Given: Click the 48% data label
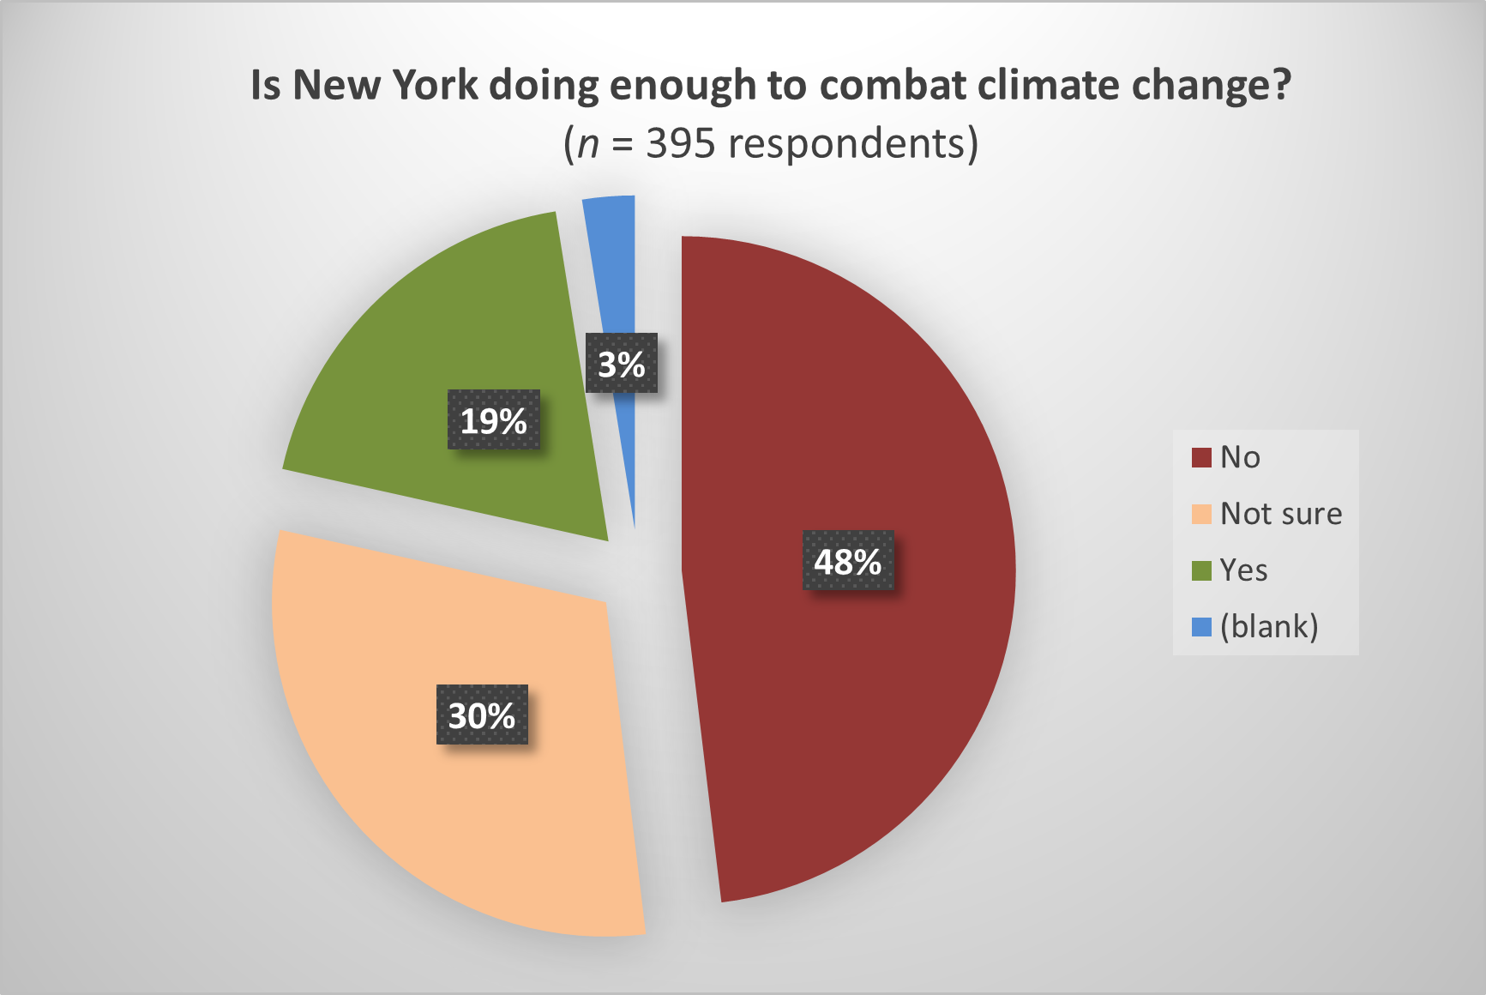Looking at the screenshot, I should coord(848,561).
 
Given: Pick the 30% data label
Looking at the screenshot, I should coord(482,715).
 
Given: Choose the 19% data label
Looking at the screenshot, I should coord(494,419).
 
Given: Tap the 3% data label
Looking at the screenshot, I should coord(622,364).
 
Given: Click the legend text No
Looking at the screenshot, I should coord(1240,457).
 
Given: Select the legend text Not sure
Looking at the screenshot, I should coord(1281,514).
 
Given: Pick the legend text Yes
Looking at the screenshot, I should coord(1243,570).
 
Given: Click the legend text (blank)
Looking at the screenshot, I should coord(1269,626).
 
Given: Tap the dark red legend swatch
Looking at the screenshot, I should coord(1201,457).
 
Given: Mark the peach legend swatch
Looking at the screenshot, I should coord(1201,514).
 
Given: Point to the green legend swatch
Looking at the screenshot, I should coord(1201,570).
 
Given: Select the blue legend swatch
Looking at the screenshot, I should coord(1201,627).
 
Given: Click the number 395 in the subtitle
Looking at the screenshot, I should coord(680,143).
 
